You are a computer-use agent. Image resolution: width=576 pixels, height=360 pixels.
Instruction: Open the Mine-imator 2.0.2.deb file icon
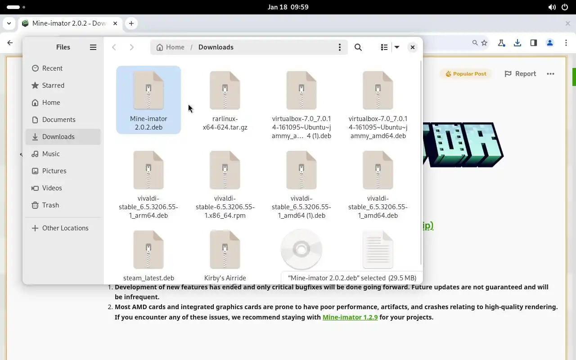tap(148, 90)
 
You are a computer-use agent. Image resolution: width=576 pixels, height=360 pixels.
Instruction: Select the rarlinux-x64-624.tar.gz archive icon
tap(225, 90)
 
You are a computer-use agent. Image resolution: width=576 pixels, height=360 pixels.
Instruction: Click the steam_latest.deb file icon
tap(148, 249)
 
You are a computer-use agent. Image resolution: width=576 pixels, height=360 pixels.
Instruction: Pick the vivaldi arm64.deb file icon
tap(148, 170)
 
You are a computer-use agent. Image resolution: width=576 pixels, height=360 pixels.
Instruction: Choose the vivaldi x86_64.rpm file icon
tap(225, 170)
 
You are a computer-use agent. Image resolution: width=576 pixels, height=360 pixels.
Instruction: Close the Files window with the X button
tap(413, 47)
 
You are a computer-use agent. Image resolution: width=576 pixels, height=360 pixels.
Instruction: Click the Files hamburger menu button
tap(93, 47)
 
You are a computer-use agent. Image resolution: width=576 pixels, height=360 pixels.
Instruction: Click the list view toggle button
tap(384, 47)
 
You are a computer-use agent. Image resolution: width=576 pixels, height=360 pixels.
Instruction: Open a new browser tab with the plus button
tap(131, 23)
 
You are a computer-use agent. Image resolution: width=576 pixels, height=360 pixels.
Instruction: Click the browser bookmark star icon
tap(484, 43)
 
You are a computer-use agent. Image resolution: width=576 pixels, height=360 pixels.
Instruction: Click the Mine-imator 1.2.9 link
tap(350, 317)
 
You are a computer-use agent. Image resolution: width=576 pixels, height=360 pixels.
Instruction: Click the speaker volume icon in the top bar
tap(552, 7)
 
